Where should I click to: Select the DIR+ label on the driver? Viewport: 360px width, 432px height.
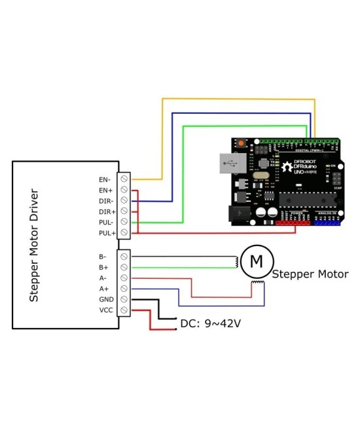[x=107, y=211]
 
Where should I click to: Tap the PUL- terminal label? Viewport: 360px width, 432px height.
[x=106, y=222]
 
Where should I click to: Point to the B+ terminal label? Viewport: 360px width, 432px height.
[x=104, y=268]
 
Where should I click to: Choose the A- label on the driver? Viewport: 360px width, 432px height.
[x=104, y=278]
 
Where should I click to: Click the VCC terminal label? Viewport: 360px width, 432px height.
[x=106, y=310]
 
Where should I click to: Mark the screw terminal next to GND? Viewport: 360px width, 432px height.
[x=124, y=299]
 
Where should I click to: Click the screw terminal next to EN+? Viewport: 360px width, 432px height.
[x=124, y=190]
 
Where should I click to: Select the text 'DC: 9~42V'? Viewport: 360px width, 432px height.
[x=210, y=324]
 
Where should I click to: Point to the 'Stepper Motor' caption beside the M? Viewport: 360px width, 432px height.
[x=310, y=274]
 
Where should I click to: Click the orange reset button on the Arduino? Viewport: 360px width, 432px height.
[x=241, y=143]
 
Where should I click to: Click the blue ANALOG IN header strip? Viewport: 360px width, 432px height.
[x=326, y=223]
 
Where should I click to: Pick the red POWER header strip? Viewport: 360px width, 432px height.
[x=293, y=223]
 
